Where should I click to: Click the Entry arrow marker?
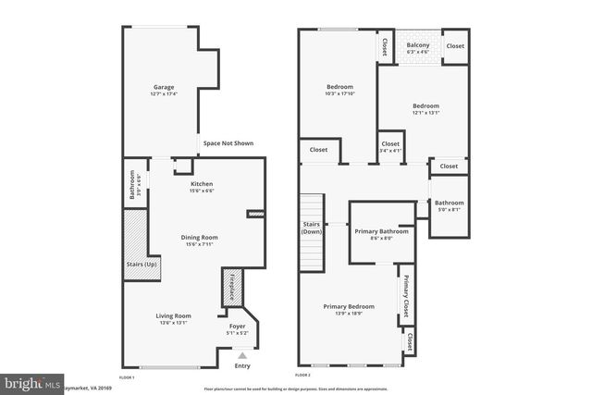[x=242, y=354]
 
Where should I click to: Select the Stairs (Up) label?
[x=141, y=265]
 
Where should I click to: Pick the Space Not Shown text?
[x=228, y=143]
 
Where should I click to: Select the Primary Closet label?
[x=404, y=295]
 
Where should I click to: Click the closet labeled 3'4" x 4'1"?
[x=390, y=147]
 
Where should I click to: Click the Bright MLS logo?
[x=30, y=382]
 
